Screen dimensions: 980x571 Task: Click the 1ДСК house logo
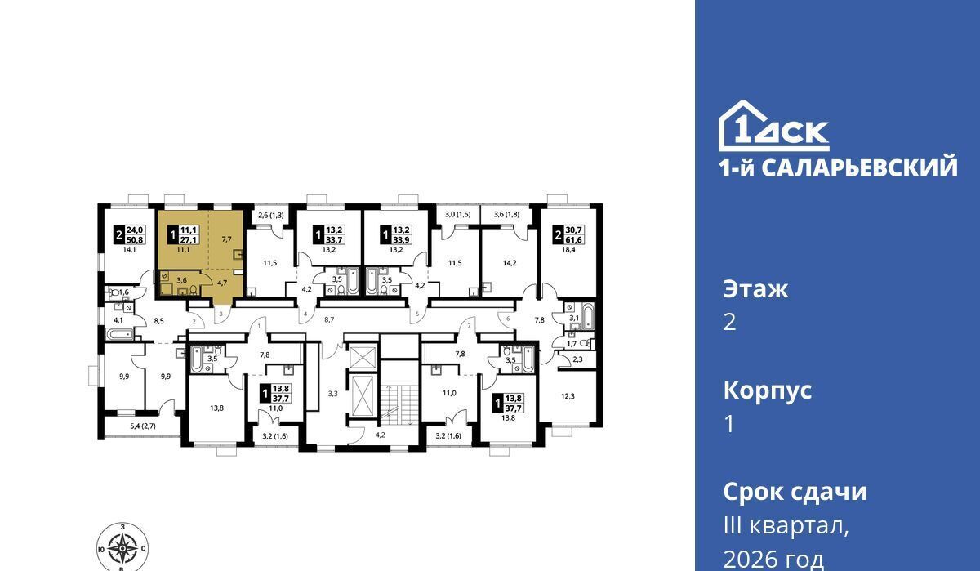(774, 126)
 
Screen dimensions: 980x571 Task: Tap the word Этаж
(755, 289)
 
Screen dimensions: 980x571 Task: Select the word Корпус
(768, 391)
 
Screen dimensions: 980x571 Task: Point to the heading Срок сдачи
(795, 492)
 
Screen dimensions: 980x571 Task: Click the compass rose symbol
(122, 547)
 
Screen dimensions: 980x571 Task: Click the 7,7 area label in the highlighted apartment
(226, 239)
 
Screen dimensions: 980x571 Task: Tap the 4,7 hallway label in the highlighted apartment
(222, 283)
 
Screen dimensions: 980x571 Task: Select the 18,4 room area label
(568, 250)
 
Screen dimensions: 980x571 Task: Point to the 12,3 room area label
(568, 396)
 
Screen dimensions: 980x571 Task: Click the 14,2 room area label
(510, 263)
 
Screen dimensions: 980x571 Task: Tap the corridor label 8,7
(329, 320)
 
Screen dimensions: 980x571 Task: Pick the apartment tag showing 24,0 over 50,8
(130, 235)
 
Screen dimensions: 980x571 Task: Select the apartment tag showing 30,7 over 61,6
(569, 235)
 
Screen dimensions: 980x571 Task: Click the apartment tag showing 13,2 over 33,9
(396, 235)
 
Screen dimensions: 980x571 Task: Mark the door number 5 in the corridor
(417, 314)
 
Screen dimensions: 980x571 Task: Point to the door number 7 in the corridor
(470, 326)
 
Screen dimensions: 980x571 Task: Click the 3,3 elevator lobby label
(333, 394)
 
